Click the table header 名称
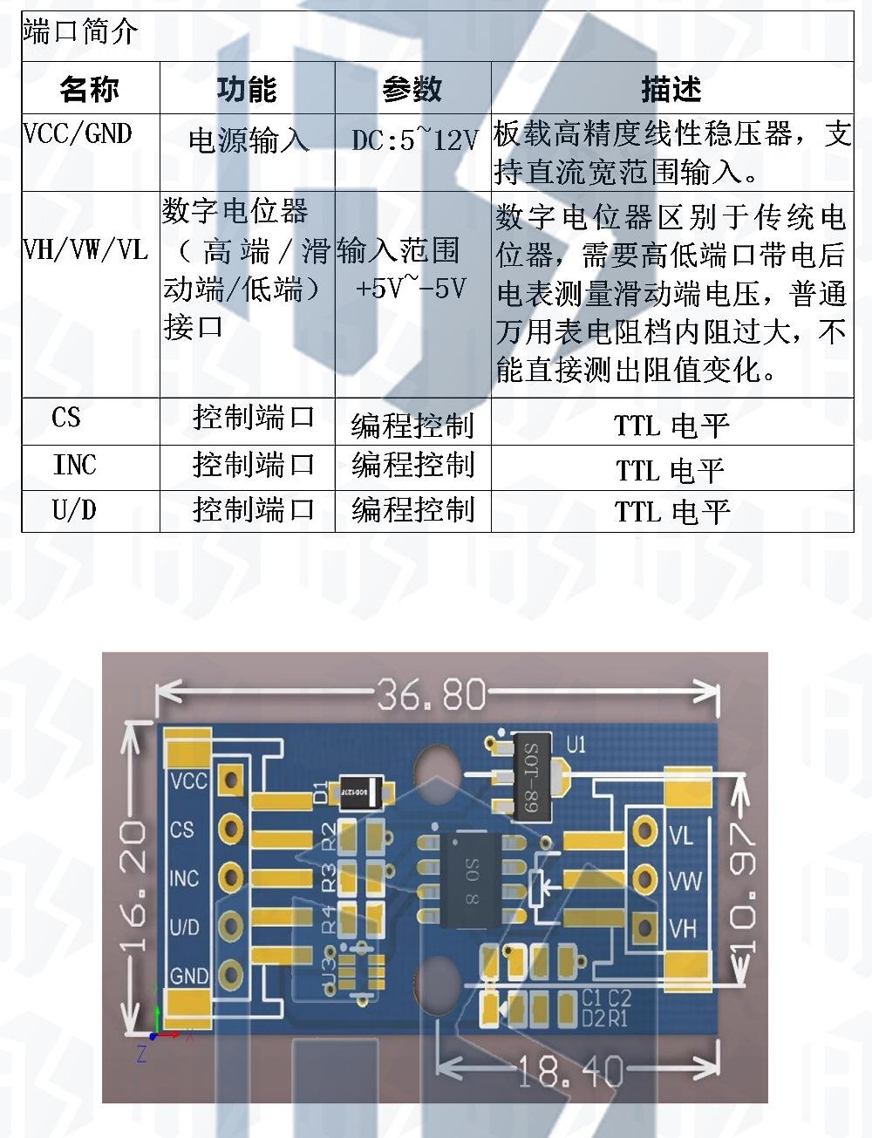[x=90, y=88]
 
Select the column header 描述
[x=671, y=88]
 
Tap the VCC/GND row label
[x=78, y=134]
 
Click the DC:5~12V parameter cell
[x=415, y=140]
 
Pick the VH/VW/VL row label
[x=85, y=250]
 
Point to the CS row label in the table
[x=66, y=418]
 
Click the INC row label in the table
[x=75, y=465]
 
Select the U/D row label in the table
[x=75, y=510]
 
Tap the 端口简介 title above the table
[x=80, y=32]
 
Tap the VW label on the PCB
[x=685, y=881]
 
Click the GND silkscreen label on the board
[x=189, y=975]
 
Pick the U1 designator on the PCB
[x=576, y=745]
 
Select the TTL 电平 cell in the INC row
[x=671, y=470]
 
